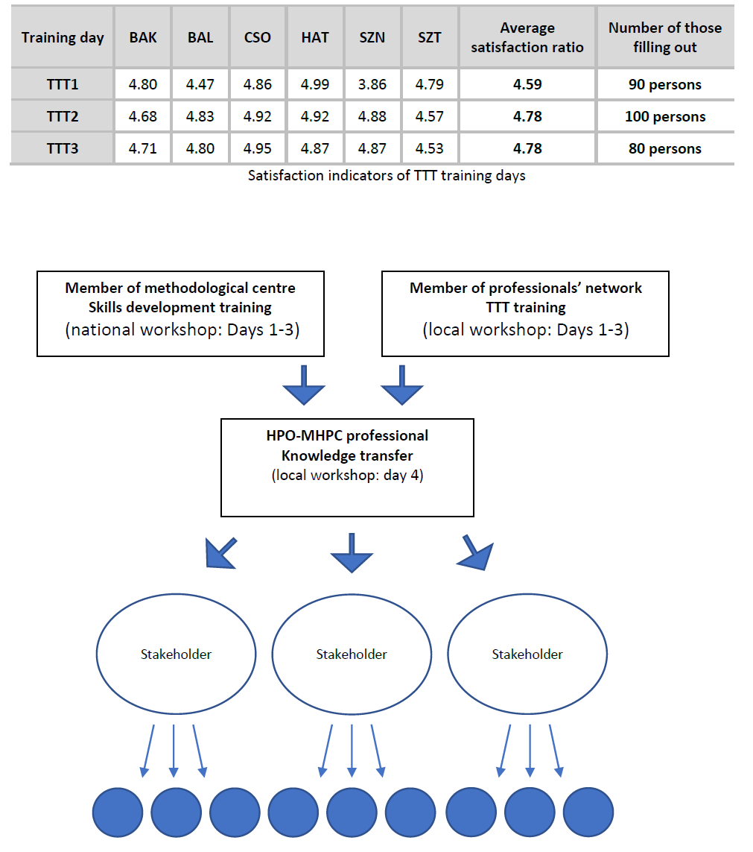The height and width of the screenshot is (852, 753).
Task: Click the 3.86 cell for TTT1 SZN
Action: pyautogui.click(x=372, y=84)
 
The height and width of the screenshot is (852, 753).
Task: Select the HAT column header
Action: pyautogui.click(x=315, y=37)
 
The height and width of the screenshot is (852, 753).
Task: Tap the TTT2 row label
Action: pyautogui.click(x=63, y=116)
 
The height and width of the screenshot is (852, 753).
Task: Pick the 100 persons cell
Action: pyautogui.click(x=665, y=116)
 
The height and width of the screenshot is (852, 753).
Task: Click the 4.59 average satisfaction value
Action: pyautogui.click(x=527, y=84)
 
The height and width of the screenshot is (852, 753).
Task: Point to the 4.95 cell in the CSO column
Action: pyautogui.click(x=258, y=148)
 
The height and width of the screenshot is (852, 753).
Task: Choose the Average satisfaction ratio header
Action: pyautogui.click(x=527, y=37)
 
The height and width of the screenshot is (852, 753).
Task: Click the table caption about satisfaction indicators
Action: pyautogui.click(x=387, y=176)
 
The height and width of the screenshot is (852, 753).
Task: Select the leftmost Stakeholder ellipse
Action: pyautogui.click(x=176, y=654)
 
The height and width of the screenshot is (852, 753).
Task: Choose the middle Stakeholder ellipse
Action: pyautogui.click(x=352, y=654)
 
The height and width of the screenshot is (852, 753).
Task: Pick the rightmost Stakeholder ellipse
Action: pyautogui.click(x=527, y=654)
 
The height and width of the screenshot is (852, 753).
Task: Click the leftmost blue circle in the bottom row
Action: pyautogui.click(x=118, y=812)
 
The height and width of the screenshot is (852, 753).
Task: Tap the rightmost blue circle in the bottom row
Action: pyautogui.click(x=588, y=812)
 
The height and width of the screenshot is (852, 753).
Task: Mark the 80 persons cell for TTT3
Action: pyautogui.click(x=665, y=148)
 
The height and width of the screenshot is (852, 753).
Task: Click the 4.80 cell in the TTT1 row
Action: pyautogui.click(x=143, y=84)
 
